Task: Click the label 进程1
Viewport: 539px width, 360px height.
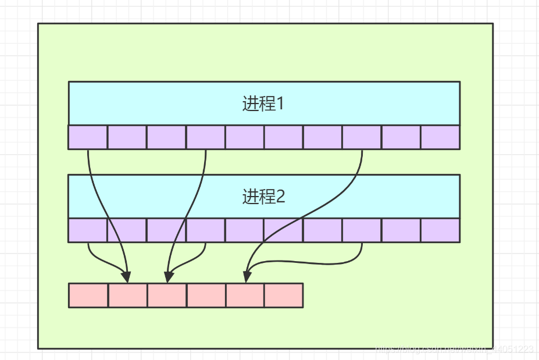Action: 263,104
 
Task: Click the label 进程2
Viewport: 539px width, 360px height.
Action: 263,197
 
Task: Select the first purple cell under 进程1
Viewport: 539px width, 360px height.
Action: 88,137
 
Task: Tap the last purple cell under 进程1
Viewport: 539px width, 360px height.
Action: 440,137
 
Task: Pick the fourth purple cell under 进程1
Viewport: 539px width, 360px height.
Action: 205,137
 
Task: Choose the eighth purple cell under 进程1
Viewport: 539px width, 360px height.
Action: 362,137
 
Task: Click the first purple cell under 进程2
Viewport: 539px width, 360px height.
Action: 88,230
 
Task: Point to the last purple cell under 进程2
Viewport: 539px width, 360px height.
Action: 440,230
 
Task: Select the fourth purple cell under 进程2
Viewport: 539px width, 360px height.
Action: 205,230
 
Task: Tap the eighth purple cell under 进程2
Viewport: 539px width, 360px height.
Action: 362,230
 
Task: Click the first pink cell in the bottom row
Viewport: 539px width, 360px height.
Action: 88,295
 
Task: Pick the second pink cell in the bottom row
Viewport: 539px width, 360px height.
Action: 127,295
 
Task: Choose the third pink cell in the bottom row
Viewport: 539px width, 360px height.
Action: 167,295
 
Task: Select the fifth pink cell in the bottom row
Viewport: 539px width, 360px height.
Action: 245,295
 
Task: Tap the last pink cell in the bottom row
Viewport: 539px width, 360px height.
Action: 284,295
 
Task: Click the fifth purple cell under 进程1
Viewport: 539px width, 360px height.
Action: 244,137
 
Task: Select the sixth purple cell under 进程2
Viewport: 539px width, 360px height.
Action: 284,230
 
